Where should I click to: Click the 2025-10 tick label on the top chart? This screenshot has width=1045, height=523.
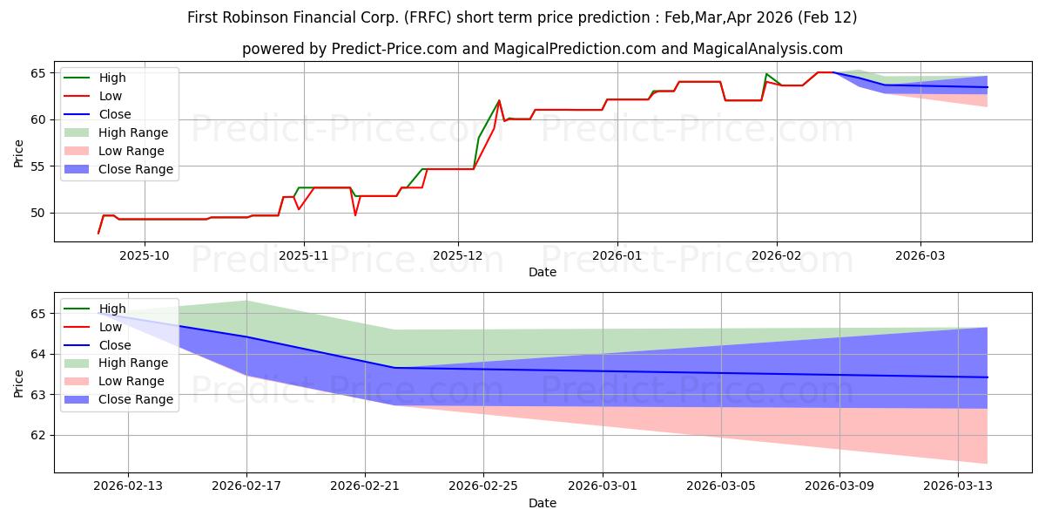145,255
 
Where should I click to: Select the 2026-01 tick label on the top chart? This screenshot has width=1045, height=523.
617,255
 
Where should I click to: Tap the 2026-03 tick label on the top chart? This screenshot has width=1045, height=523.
920,255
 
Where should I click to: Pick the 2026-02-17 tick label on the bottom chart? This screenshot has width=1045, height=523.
246,486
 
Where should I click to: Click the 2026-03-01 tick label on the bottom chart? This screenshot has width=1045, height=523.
603,486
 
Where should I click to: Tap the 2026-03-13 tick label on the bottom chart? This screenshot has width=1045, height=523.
958,486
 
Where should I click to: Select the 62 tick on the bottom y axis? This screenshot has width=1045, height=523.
40,436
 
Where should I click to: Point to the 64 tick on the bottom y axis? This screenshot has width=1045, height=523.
40,355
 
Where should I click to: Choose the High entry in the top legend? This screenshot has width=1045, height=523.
112,78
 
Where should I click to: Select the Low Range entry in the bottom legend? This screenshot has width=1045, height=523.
131,382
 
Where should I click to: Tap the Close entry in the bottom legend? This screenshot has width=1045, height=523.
115,345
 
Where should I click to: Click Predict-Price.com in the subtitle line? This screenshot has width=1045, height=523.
394,50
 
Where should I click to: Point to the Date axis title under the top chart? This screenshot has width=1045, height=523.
542,272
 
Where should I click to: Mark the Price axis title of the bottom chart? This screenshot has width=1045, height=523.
19,383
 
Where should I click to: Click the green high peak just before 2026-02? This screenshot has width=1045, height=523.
766,74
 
